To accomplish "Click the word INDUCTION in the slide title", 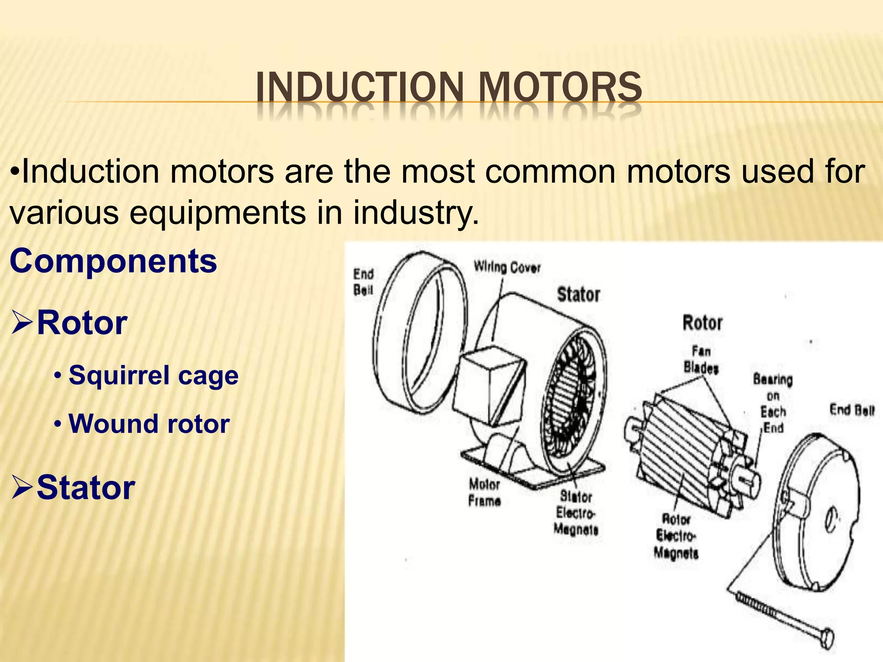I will tap(359, 87).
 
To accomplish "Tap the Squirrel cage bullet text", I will tap(153, 375).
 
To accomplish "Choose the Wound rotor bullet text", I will tap(149, 424).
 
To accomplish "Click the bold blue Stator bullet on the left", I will tap(86, 487).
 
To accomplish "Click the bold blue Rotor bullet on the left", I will tap(82, 323).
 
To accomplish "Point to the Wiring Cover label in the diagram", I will tap(507, 267).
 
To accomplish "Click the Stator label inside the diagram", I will tap(579, 295).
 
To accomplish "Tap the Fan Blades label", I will tap(701, 359).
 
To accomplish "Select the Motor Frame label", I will tap(485, 493).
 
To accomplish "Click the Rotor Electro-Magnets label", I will tap(676, 536).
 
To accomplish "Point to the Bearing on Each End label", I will tap(773, 403).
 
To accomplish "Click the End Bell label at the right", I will tap(852, 410).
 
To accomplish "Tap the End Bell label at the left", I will tap(363, 282).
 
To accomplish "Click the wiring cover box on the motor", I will tap(489, 386).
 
